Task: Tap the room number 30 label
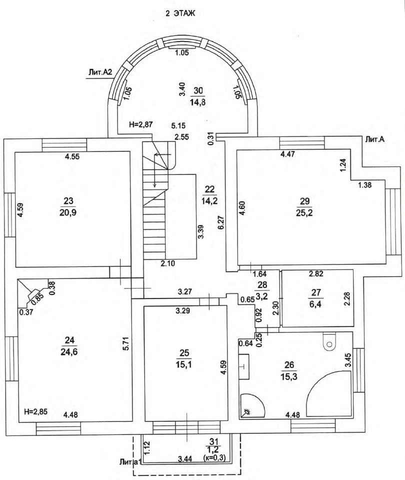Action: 198,90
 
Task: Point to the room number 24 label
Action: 69,340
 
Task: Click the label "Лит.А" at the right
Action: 374,140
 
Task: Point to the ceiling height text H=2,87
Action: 140,125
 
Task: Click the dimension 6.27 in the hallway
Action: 218,215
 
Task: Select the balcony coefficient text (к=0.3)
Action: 215,457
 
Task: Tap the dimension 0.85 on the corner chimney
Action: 36,298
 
